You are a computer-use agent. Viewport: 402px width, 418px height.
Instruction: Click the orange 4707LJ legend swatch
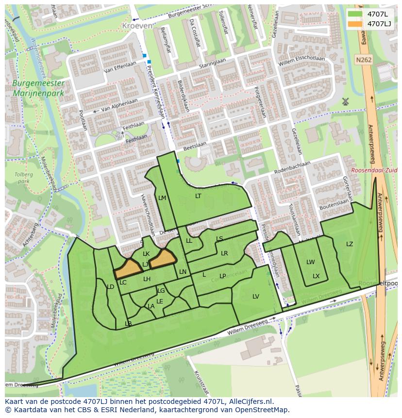point(355,23)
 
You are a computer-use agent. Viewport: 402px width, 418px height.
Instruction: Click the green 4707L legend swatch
point(355,14)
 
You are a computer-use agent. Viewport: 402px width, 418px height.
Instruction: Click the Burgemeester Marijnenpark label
point(38,88)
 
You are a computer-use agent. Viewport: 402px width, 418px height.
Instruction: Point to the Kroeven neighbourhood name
point(137,25)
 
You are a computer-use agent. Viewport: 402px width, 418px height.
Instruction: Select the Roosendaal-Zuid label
point(374,170)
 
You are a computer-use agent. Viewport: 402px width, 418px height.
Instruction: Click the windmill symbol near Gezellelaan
point(345,101)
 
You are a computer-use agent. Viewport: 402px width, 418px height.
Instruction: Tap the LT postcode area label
point(198,196)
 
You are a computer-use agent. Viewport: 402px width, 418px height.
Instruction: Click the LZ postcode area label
point(350,244)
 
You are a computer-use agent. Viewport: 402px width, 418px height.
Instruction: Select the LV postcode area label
point(256,296)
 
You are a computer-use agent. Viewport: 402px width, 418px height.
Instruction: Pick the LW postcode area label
point(310,262)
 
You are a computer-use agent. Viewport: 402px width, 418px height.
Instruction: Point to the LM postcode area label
point(162,198)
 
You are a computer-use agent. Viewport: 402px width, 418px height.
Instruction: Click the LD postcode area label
point(110,287)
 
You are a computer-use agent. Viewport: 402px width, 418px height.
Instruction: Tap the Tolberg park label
point(22,177)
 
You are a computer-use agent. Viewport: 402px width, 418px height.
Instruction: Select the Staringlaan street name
point(212,64)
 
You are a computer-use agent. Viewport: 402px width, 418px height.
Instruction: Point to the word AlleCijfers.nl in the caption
point(251,401)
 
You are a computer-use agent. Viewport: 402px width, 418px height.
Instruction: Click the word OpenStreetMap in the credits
point(263,410)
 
